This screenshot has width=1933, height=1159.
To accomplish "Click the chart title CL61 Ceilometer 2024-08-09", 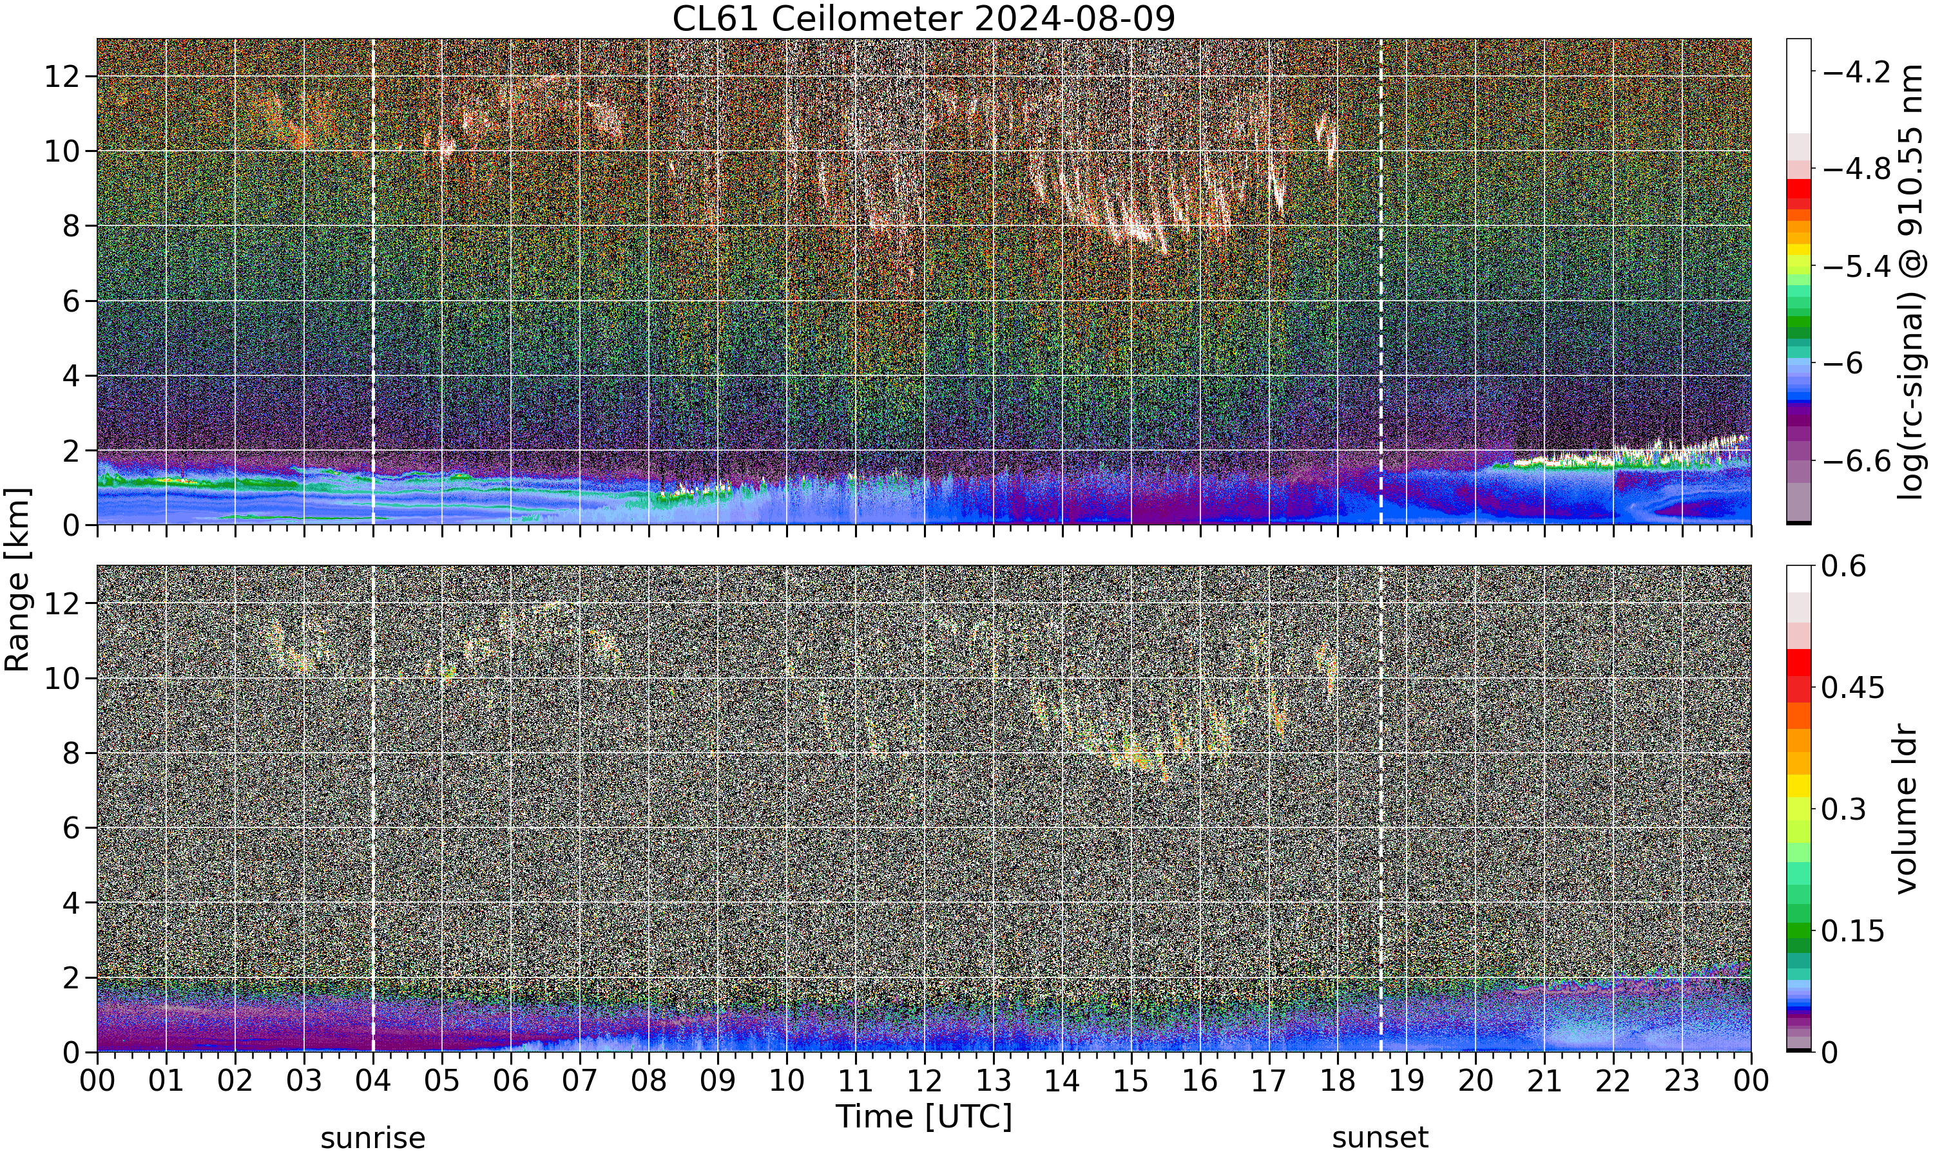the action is pyautogui.click(x=923, y=19).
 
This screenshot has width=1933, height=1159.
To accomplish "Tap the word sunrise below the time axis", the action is pyautogui.click(x=372, y=1138).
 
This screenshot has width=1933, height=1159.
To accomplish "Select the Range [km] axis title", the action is pyautogui.click(x=17, y=579).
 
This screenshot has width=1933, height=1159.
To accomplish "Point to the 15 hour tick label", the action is pyautogui.click(x=1131, y=1081).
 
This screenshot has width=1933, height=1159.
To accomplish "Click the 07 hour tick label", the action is pyautogui.click(x=580, y=1081).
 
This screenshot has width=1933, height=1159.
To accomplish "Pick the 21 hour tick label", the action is pyautogui.click(x=1544, y=1081).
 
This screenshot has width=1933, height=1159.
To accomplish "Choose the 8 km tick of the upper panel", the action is pyautogui.click(x=72, y=227).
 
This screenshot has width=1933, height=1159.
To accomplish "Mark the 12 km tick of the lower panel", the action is pyautogui.click(x=62, y=603).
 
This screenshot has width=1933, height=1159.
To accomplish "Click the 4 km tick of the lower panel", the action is pyautogui.click(x=72, y=903).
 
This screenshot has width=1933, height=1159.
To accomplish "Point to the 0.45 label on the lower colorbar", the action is pyautogui.click(x=1852, y=688).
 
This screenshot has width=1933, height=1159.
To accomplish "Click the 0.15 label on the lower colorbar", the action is pyautogui.click(x=1852, y=931).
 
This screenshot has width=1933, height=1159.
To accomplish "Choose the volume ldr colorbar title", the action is pyautogui.click(x=1907, y=809).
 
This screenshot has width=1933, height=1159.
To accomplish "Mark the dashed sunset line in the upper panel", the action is pyautogui.click(x=1381, y=281).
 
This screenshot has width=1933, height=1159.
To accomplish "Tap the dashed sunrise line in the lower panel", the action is pyautogui.click(x=372, y=808).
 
